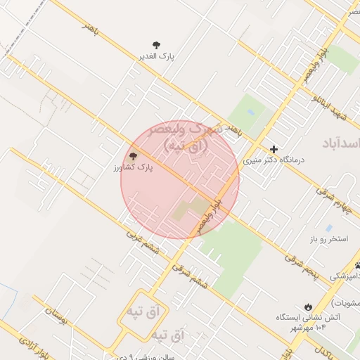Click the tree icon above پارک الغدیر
click(x=156, y=44)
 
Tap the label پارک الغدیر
click(x=156, y=56)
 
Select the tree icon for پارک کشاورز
click(x=133, y=156)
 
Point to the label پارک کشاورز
click(x=134, y=168)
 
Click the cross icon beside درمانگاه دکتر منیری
click(x=274, y=149)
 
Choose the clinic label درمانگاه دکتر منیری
click(x=274, y=160)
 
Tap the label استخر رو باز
click(x=328, y=240)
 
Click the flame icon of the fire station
click(x=308, y=306)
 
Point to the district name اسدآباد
click(x=340, y=143)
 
